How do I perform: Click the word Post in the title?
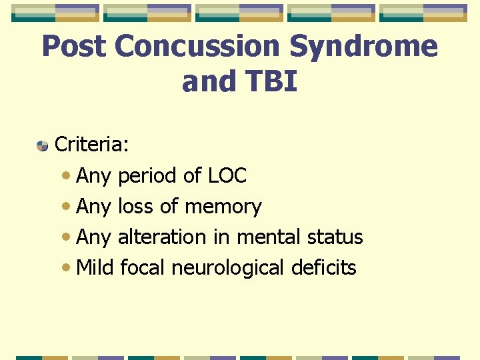point(74,47)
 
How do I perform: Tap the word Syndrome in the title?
point(378,47)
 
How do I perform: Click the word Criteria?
point(91,145)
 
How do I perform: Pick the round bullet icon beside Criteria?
point(42,145)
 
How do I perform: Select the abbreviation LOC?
point(227,176)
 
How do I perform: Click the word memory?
point(223,207)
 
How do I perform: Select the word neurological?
point(228,268)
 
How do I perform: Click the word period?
point(147,176)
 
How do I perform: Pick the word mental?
point(268,237)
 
